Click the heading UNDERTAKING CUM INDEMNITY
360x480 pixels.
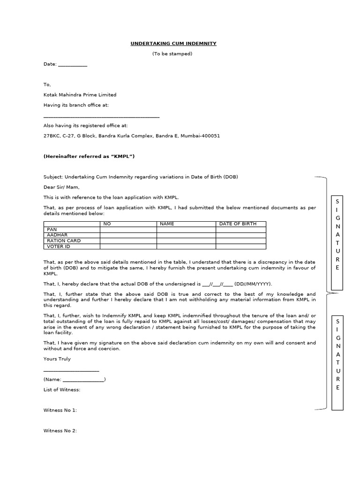(173, 44)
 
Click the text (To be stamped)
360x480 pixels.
(172, 54)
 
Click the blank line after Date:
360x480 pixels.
(73, 65)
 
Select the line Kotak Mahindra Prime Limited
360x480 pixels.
(80, 95)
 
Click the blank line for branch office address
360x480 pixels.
(101, 117)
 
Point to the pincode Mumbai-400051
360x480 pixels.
(200, 136)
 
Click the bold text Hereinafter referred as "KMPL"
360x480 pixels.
(89, 156)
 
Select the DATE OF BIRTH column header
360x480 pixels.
(238, 224)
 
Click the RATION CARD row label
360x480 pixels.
(63, 240)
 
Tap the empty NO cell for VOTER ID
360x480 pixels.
(128, 246)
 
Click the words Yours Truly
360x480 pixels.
(57, 359)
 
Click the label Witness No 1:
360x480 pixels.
(60, 410)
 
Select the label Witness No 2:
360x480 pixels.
(60, 431)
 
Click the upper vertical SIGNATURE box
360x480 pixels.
(338, 242)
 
